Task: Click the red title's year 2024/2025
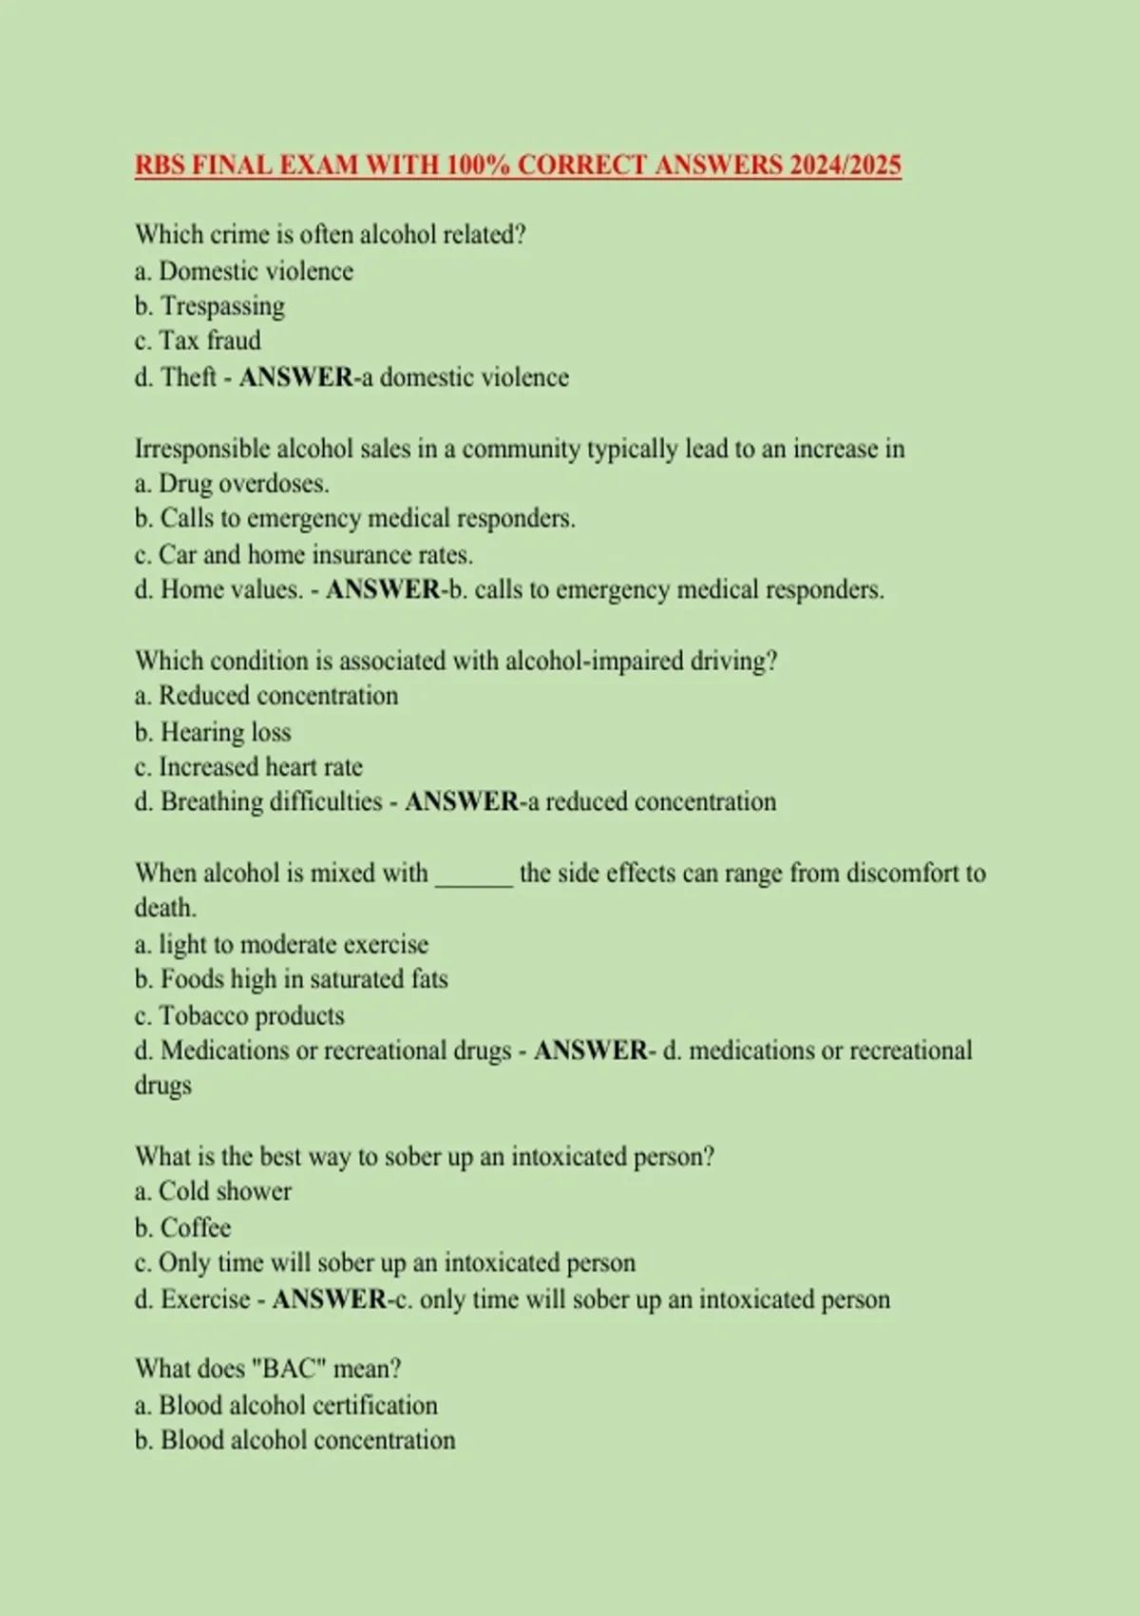point(845,165)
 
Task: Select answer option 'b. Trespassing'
point(210,306)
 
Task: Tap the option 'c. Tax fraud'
point(198,341)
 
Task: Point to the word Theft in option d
point(189,377)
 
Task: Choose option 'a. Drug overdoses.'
point(232,484)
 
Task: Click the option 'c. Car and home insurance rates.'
point(304,554)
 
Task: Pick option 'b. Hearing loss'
point(213,732)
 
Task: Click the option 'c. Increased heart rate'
point(249,767)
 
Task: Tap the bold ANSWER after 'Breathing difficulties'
point(462,802)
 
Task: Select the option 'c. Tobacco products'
point(239,1015)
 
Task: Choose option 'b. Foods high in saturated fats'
point(291,979)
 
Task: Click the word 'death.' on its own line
point(165,908)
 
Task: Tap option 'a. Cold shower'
point(213,1191)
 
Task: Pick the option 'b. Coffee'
point(183,1227)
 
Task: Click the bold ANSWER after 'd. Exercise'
point(329,1299)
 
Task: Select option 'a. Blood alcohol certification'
point(286,1405)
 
